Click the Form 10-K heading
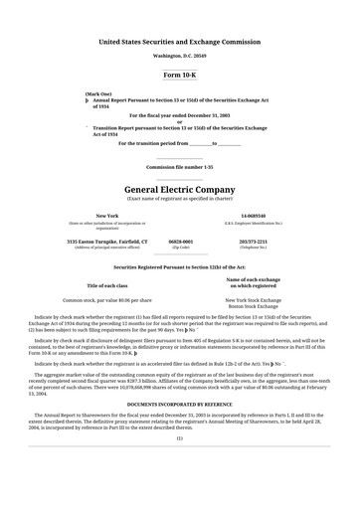click(x=179, y=75)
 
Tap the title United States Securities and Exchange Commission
click(x=179, y=42)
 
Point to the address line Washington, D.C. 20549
click(x=179, y=56)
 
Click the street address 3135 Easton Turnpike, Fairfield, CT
click(x=106, y=241)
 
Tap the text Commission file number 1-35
click(x=179, y=167)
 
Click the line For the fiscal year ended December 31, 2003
click(x=179, y=115)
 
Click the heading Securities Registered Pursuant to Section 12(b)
click(x=179, y=267)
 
